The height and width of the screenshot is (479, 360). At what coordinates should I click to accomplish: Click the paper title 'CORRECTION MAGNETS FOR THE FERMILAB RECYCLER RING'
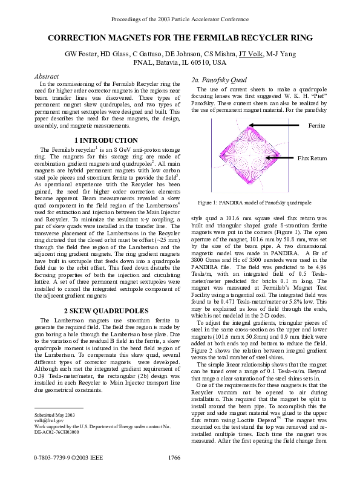[x=180, y=38]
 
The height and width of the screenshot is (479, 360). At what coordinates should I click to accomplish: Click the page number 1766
[x=174, y=458]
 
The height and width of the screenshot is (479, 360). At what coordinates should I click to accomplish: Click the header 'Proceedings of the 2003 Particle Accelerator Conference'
[x=180, y=19]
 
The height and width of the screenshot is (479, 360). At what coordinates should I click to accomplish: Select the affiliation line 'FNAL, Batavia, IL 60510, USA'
[x=180, y=62]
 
